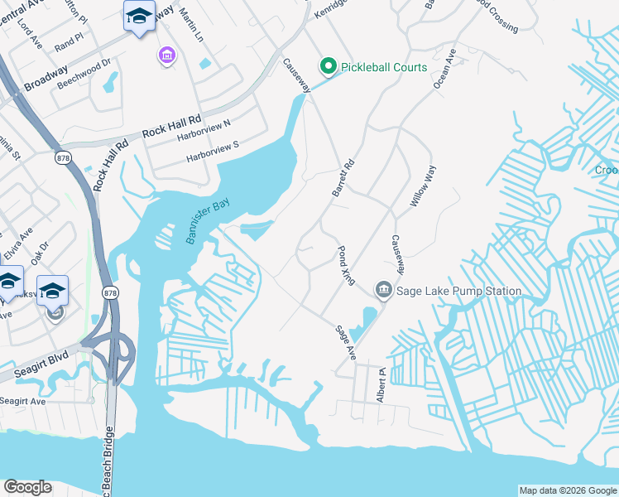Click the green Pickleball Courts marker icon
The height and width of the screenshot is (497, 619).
pos(329,67)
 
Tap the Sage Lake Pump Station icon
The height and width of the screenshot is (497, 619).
pos(383,290)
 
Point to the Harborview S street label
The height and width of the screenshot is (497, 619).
pos(212,150)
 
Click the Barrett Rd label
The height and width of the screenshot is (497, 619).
pos(343,178)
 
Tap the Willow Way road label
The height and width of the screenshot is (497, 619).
pos(422,186)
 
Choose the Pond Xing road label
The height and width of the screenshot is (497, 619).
pos(346,265)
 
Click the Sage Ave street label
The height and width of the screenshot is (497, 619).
pos(345,341)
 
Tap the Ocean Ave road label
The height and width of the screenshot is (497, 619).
pos(444,70)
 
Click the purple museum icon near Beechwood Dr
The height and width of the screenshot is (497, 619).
pos(166,55)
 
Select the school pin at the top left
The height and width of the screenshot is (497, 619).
pos(139,17)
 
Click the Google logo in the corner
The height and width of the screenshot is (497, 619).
pos(27,488)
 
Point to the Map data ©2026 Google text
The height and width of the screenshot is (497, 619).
pos(567,490)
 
